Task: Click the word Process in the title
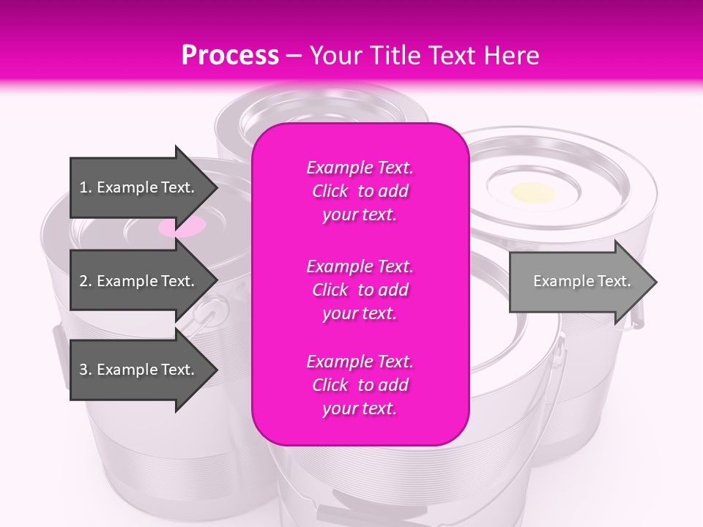click(230, 56)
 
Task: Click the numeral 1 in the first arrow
click(84, 187)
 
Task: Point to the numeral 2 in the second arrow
click(84, 281)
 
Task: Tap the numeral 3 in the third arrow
click(84, 370)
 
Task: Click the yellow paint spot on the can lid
click(533, 193)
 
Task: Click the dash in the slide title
click(294, 56)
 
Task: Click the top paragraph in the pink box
click(360, 191)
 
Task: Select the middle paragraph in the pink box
click(360, 290)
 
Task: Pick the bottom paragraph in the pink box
click(360, 385)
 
